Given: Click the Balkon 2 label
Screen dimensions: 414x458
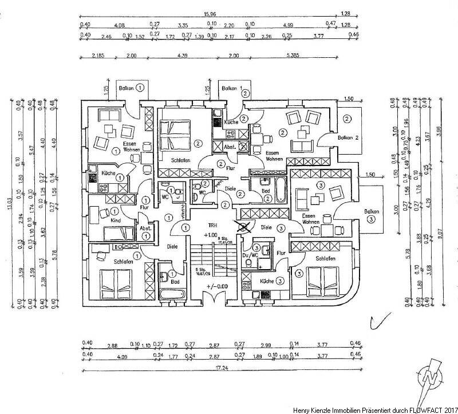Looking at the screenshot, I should coord(348,139).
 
